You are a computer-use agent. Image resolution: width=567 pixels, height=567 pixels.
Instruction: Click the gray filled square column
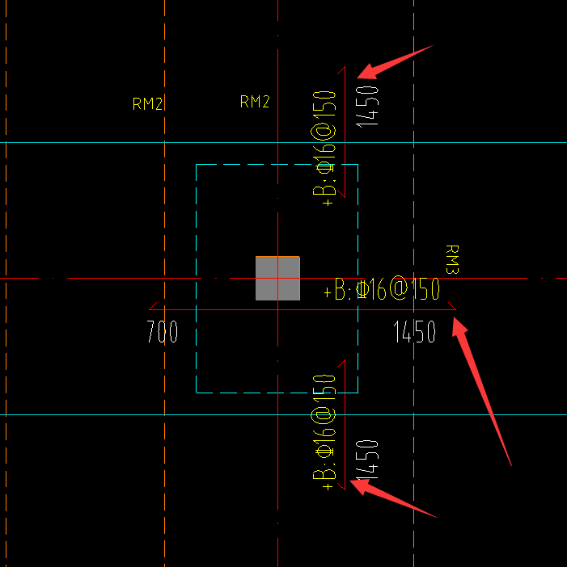[x=277, y=278]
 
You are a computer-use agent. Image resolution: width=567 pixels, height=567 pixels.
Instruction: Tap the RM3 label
[x=452, y=260]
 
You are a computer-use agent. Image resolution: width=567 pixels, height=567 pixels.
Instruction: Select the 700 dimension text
[x=163, y=332]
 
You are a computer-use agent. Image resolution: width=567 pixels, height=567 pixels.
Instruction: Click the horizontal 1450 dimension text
[x=414, y=332]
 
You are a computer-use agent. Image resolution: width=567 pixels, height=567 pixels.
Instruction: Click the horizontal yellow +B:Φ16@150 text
[x=382, y=290]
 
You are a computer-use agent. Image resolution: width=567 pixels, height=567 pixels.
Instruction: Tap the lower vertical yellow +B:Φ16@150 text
[x=324, y=431]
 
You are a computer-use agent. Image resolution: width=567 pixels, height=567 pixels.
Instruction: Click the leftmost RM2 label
[x=148, y=103]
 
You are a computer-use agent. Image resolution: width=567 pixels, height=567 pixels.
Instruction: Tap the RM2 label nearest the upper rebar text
[x=255, y=102]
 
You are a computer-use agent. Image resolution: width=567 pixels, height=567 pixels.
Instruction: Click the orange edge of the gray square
[x=299, y=278]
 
